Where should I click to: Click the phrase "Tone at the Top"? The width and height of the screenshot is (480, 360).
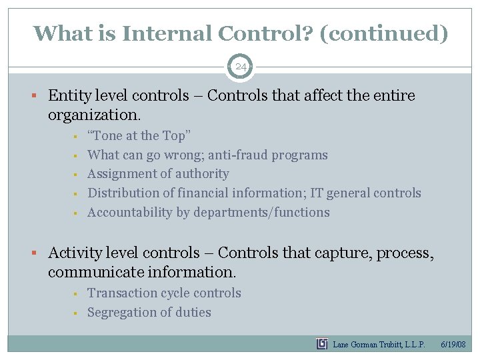[139, 136]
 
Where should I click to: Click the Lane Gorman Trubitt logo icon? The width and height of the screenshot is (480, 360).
[322, 344]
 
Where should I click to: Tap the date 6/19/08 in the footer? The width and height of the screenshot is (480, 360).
[453, 345]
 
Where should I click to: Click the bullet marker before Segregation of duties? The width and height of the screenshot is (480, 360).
[77, 313]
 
